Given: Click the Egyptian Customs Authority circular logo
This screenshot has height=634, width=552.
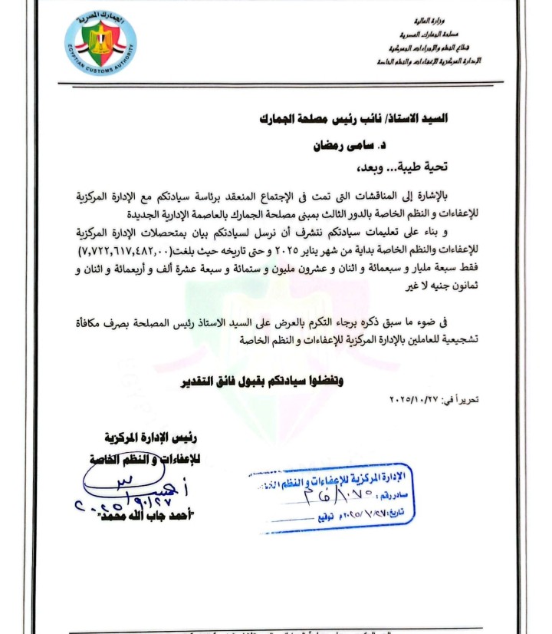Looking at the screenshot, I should click(100, 44).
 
